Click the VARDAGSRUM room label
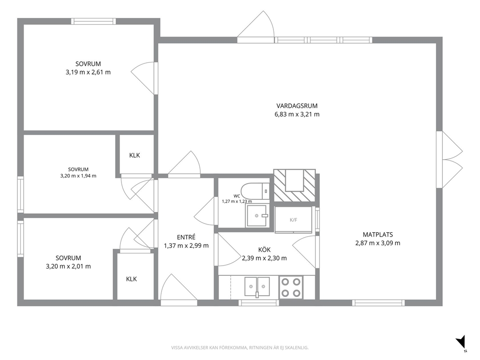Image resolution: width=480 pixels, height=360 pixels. click(x=297, y=106)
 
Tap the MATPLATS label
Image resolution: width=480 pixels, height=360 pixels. click(x=378, y=235)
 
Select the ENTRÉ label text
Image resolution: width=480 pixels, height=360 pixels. click(x=186, y=237)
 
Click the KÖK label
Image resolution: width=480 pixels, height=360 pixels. click(x=264, y=250)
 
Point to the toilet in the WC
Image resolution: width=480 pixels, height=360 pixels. click(x=255, y=191)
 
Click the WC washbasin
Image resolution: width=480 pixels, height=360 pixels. click(x=257, y=216)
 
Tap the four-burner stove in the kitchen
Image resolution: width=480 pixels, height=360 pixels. click(x=291, y=287)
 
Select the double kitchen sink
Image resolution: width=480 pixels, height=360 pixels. click(x=257, y=287)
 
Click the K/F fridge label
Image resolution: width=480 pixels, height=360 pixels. click(x=293, y=220)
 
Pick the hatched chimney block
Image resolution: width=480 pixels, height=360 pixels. click(x=294, y=185)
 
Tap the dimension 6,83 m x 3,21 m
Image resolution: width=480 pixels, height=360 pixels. click(x=297, y=115)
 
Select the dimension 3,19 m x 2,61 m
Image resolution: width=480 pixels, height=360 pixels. click(x=88, y=73)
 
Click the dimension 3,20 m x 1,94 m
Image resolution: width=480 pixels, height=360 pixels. click(x=78, y=176)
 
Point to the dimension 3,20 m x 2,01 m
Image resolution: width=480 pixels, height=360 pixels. click(x=68, y=266)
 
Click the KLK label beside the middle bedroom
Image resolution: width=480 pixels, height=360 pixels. click(x=135, y=155)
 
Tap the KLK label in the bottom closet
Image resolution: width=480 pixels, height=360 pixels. click(x=131, y=279)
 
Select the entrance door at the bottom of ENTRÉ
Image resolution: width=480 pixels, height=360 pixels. click(x=179, y=290)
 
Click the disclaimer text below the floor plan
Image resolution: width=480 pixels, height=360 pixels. click(x=240, y=348)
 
